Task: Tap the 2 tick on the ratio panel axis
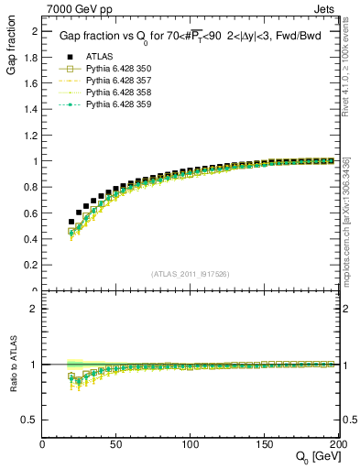(35, 309)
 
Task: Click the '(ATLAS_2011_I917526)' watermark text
(191, 274)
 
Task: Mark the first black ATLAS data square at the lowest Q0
(71, 222)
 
